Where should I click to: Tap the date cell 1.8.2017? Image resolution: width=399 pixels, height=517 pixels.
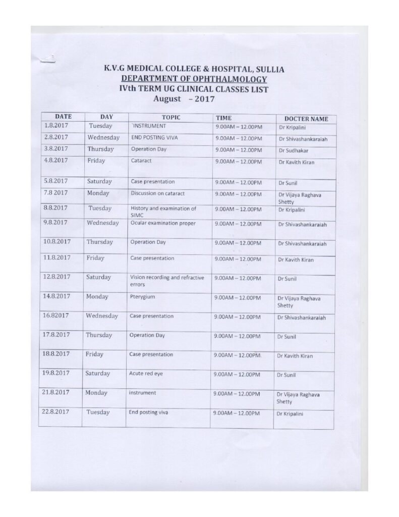56,125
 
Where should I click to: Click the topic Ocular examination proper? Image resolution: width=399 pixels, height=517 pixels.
162,223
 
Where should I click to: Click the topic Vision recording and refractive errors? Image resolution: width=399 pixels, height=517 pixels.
167,281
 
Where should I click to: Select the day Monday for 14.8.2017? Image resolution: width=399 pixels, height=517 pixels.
97,296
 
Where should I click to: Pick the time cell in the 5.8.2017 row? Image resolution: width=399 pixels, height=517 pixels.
238,181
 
